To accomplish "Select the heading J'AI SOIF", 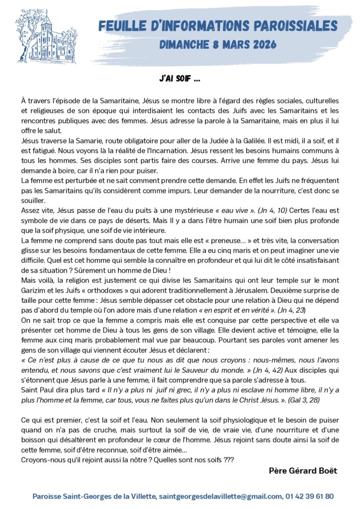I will (180, 79).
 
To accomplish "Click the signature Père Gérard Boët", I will (303, 471).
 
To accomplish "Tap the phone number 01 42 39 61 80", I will (310, 496).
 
